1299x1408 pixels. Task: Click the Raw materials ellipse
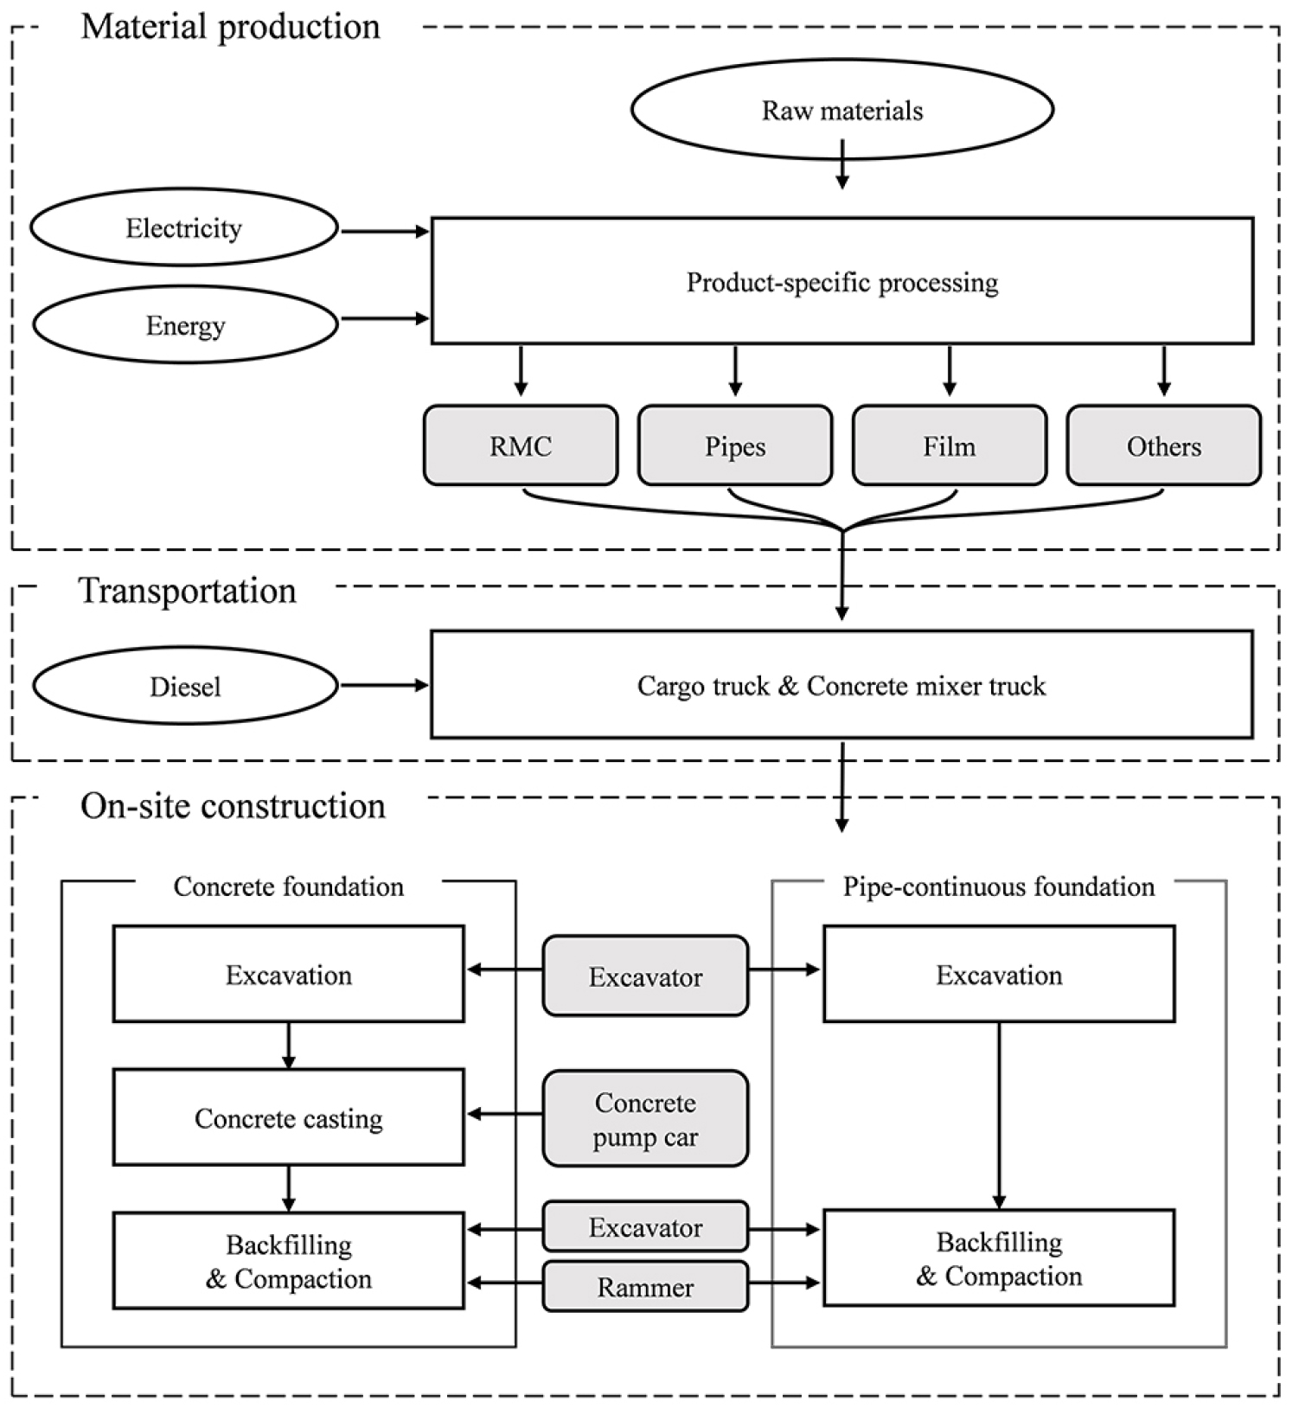point(841,110)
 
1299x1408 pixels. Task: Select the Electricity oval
point(184,227)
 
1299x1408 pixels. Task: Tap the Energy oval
point(185,324)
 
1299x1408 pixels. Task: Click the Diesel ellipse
point(185,686)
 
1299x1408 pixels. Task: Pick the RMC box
point(521,445)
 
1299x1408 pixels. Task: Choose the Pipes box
point(735,445)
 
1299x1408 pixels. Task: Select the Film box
point(950,445)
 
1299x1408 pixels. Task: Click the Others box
point(1164,445)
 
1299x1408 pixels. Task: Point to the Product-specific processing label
point(842,283)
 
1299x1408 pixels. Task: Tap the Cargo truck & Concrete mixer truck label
point(841,686)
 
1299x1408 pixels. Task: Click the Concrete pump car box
point(645,1119)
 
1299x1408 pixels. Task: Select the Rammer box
point(645,1287)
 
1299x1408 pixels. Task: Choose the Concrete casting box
point(289,1117)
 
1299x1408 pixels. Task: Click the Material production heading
point(231,28)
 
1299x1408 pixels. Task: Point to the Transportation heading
point(188,591)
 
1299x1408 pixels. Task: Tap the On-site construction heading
point(233,806)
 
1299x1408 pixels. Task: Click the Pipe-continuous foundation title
point(999,886)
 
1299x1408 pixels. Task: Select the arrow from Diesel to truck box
point(385,686)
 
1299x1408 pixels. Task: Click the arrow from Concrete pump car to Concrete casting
point(505,1115)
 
